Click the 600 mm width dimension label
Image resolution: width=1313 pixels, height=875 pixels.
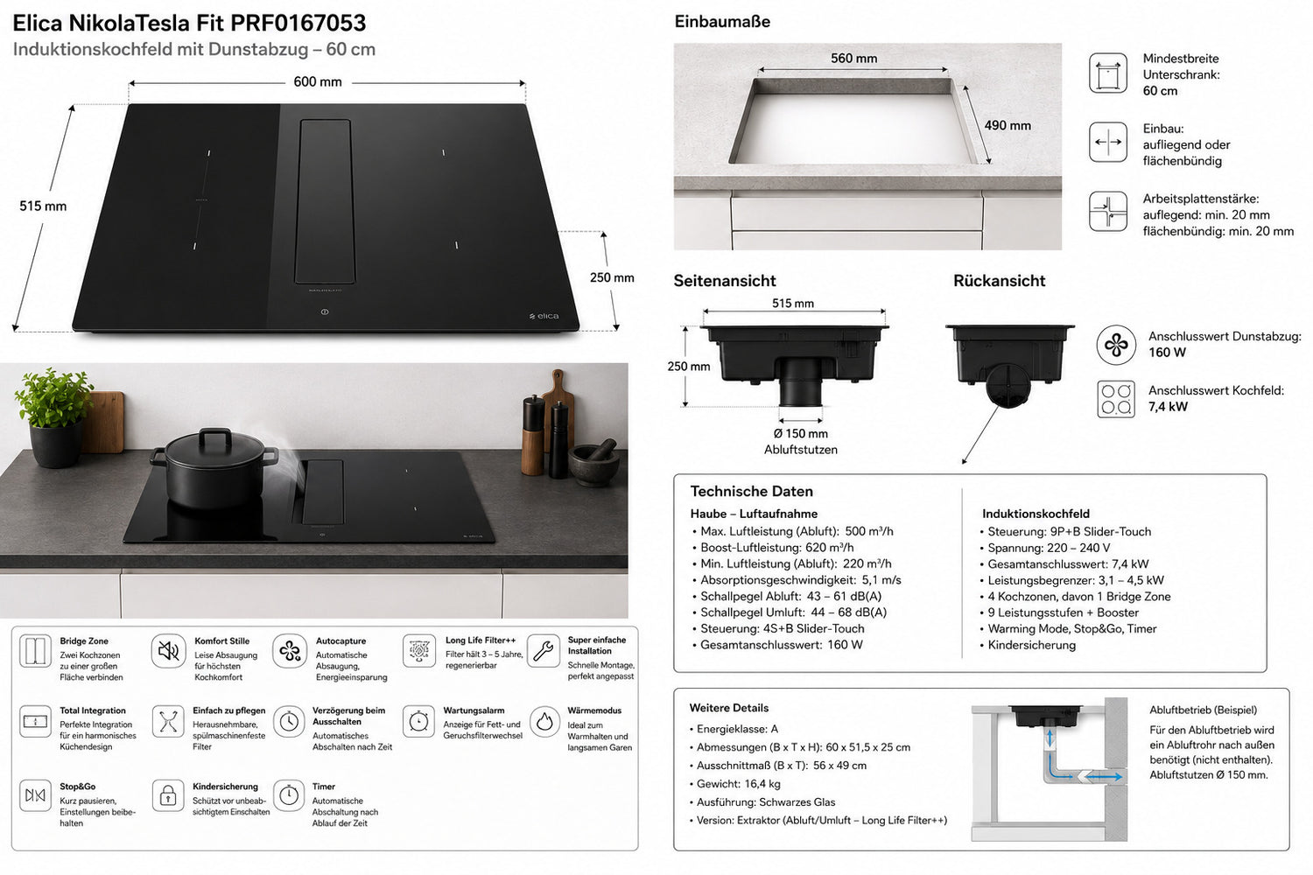pyautogui.click(x=317, y=82)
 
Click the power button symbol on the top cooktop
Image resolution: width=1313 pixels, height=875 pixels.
pyautogui.click(x=325, y=311)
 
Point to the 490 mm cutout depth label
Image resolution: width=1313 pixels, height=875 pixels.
pyautogui.click(x=1007, y=125)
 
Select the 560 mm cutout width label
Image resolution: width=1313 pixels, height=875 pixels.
pyautogui.click(x=853, y=59)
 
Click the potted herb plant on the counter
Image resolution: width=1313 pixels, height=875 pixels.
pyautogui.click(x=54, y=416)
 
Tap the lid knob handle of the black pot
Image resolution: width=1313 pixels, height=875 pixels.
pyautogui.click(x=215, y=436)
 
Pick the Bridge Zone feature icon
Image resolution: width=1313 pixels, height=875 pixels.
pyautogui.click(x=35, y=650)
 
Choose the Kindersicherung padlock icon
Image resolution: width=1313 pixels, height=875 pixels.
pyautogui.click(x=168, y=795)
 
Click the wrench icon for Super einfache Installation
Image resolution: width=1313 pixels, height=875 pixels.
pyautogui.click(x=544, y=650)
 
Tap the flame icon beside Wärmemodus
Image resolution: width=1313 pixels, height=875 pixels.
pyautogui.click(x=544, y=722)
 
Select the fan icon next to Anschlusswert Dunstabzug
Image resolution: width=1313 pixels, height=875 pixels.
pyautogui.click(x=1116, y=345)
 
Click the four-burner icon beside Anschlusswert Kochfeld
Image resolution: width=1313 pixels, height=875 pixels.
pyautogui.click(x=1116, y=399)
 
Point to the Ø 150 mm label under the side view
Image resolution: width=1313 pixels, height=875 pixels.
pyautogui.click(x=800, y=434)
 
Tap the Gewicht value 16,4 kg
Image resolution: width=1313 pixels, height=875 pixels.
pyautogui.click(x=762, y=784)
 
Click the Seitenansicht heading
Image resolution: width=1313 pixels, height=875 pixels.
pyautogui.click(x=725, y=281)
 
